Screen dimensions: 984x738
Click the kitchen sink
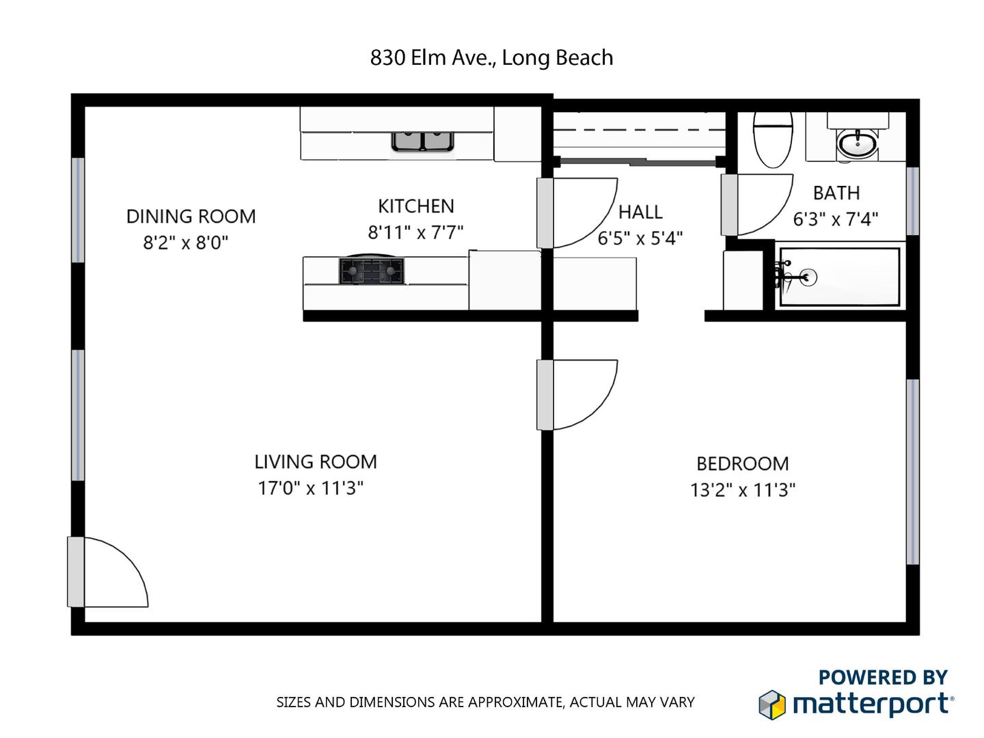422,141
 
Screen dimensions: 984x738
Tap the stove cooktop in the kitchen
371,271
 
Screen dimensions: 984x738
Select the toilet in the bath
772,140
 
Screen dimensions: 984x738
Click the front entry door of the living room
107,572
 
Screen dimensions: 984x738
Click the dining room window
78,210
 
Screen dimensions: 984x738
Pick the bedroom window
913,471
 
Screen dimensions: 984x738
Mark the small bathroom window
913,201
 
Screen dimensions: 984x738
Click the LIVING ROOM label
316,462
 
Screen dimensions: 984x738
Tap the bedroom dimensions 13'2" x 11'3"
742,490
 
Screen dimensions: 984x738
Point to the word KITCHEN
416,206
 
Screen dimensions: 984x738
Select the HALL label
640,213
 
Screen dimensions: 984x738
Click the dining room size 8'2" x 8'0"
186,243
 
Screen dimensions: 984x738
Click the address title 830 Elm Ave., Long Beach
491,58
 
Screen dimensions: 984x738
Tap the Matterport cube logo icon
772,705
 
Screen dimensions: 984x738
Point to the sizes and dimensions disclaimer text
485,702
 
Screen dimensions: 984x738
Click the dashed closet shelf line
640,131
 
